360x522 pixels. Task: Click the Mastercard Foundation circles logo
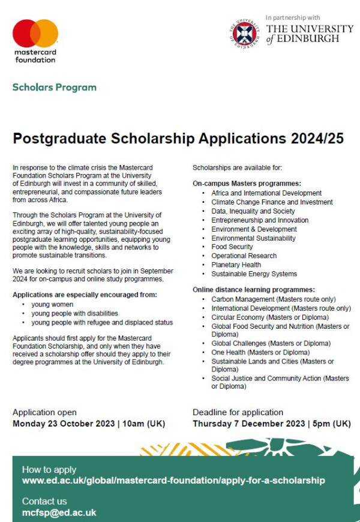[x=35, y=34]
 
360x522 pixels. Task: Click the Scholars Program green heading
[x=54, y=87]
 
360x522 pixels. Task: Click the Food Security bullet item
[x=232, y=247]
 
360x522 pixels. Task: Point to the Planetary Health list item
[x=236, y=265]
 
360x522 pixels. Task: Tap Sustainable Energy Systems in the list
[x=254, y=274]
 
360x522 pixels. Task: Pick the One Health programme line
[x=260, y=352]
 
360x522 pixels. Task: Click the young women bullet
[x=53, y=304]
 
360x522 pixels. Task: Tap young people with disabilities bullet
[x=74, y=313]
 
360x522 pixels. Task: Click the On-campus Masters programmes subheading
[x=247, y=182]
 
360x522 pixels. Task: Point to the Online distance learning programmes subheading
[x=254, y=289]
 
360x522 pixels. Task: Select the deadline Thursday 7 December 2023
[x=249, y=424]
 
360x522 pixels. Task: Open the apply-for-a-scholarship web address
[x=173, y=481]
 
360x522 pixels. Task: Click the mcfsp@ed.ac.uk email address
[x=59, y=512]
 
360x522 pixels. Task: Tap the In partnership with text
[x=293, y=17]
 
